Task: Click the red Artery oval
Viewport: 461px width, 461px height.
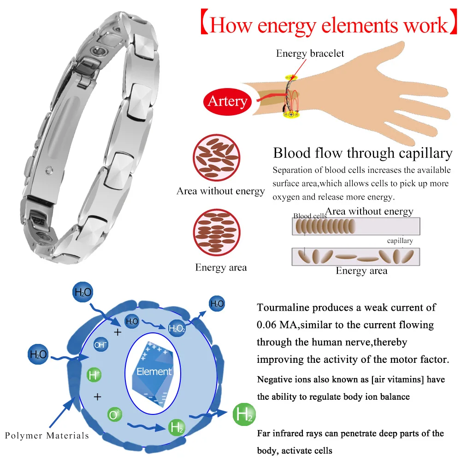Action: tap(227, 101)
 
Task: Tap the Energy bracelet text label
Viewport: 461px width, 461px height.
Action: tap(310, 53)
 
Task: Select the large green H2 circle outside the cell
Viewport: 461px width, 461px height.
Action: tap(244, 414)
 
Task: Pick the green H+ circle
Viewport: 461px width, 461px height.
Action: tap(94, 375)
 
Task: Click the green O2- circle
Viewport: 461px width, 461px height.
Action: tap(115, 414)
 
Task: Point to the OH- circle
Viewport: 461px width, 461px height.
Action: tap(100, 344)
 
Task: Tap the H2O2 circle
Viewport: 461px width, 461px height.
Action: tap(177, 328)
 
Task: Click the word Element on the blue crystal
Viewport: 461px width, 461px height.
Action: tap(154, 371)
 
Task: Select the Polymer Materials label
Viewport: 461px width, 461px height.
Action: tap(47, 436)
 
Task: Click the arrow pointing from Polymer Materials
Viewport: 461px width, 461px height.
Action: tap(62, 412)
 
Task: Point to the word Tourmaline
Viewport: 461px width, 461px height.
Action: tap(283, 307)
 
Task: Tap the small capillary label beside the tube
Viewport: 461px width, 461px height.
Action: tap(400, 241)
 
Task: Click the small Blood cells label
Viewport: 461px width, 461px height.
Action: tap(310, 216)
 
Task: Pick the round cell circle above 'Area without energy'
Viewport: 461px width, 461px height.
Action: tap(216, 158)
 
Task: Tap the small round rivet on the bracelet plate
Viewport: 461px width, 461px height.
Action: tap(49, 170)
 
